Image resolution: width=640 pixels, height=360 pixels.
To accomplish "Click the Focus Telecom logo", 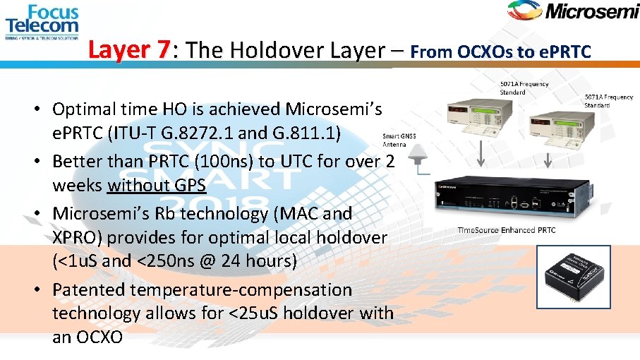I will click(42, 21).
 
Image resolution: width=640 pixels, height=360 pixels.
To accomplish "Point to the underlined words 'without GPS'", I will click(157, 185).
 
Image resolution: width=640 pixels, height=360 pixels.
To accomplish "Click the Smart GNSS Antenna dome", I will click(421, 153).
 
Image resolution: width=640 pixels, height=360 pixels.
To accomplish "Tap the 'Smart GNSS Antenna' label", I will click(399, 138).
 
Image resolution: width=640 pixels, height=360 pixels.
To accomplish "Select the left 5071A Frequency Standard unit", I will click(471, 114).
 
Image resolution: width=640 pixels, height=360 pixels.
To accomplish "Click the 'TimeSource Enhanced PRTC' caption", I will click(506, 230).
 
